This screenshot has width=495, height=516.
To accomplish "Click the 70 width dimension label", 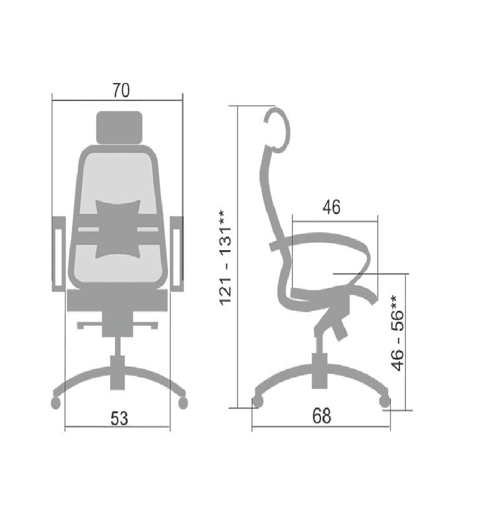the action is click(121, 90).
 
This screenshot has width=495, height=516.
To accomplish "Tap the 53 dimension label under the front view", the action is click(119, 419).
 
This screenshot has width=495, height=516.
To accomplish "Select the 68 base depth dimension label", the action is click(322, 416).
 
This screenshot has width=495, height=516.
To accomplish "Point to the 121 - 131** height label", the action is click(226, 257).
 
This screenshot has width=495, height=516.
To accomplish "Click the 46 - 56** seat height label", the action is click(397, 333).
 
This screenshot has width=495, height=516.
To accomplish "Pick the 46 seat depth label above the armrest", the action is click(331, 207).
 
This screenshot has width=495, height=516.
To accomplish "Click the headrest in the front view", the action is click(119, 127).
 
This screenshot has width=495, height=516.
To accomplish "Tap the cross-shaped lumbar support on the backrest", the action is click(118, 229).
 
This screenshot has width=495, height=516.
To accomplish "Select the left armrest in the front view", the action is click(59, 254).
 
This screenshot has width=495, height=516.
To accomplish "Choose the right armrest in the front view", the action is click(177, 254).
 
